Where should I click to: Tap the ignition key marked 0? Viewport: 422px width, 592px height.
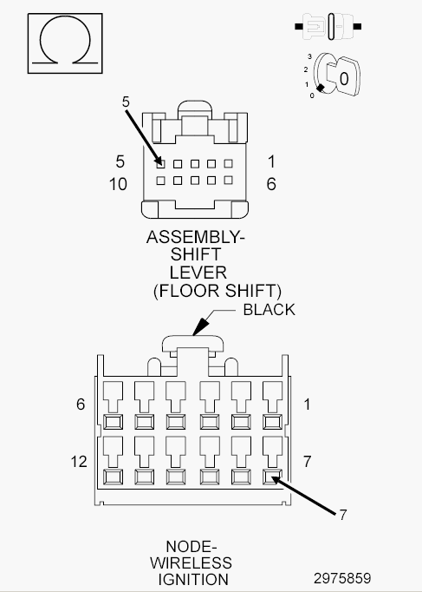pos(344,77)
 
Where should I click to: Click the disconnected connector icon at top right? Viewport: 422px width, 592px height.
pos(328,26)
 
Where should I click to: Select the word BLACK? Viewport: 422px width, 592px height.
pos(269,310)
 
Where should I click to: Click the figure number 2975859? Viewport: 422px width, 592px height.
pos(342,578)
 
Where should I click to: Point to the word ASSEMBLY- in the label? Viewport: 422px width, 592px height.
pos(196,237)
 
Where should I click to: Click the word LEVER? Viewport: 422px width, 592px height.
pos(198,273)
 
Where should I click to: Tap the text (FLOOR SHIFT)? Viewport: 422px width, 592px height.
pos(217,291)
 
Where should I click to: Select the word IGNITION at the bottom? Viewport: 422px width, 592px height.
pos(193,580)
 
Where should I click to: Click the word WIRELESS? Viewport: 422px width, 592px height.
pos(191,563)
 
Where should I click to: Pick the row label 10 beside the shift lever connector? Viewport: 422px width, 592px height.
pos(118,184)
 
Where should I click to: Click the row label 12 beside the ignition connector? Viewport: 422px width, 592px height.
pos(79,462)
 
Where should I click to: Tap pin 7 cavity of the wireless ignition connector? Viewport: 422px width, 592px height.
pos(272,477)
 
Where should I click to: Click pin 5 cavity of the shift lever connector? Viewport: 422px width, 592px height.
pos(160,163)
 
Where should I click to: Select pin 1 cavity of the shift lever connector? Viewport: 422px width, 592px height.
pos(228,163)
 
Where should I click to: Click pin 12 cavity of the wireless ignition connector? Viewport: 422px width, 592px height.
pos(113,477)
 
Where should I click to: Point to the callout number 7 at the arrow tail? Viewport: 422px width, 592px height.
pos(342,515)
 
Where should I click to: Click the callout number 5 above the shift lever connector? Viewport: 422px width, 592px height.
pos(126,102)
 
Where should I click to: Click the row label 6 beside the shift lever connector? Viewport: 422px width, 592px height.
pos(271,184)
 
